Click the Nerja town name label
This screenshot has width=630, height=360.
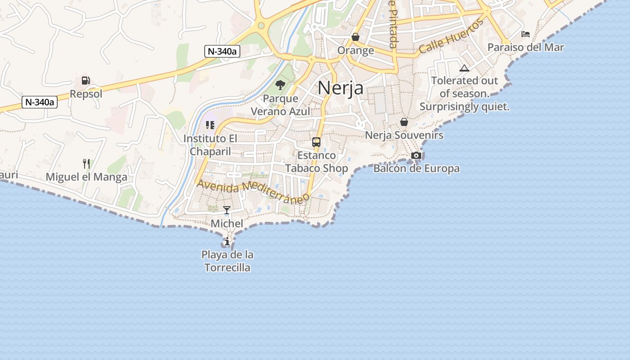340,88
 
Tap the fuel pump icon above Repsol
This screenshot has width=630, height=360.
85,81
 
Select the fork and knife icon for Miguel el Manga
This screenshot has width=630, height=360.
86,163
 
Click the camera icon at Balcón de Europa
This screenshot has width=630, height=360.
416,156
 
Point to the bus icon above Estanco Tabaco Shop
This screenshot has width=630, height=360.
316,142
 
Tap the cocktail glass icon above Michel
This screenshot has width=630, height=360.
227,210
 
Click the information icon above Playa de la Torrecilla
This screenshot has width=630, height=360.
227,242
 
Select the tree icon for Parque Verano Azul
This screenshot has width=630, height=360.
280,85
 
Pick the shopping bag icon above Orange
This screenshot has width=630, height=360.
355,37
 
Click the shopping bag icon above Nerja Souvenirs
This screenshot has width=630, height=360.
404,122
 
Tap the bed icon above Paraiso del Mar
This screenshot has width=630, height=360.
525,34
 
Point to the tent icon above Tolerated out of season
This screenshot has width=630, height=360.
464,68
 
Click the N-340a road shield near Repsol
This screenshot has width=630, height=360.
40,102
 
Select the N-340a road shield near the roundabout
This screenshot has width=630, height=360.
222,51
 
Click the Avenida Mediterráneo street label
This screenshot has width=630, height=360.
253,192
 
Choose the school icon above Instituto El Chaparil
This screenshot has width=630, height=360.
210,125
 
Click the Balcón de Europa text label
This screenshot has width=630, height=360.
416,169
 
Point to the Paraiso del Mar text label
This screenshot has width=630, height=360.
526,47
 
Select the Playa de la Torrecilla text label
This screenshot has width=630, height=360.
227,261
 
